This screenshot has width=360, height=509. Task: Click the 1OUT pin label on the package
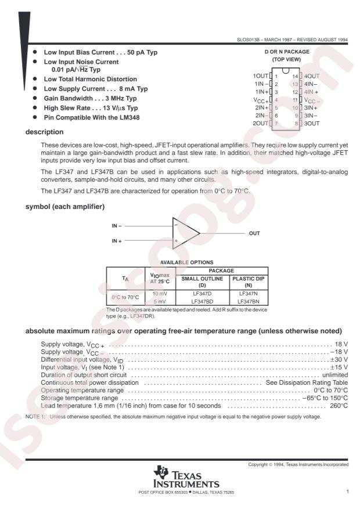pos(260,76)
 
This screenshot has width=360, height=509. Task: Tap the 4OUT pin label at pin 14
pos(312,76)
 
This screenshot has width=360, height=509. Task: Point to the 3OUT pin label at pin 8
pos(312,124)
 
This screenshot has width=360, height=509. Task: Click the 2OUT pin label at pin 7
pos(260,124)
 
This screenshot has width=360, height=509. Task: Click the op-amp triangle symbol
pos(186,232)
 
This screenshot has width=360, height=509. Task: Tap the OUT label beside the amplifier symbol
pos(254,233)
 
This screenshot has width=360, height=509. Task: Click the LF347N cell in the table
pos(249,295)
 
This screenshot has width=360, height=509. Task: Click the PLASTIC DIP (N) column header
pos(249,281)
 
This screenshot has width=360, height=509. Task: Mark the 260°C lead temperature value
pos(339,406)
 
